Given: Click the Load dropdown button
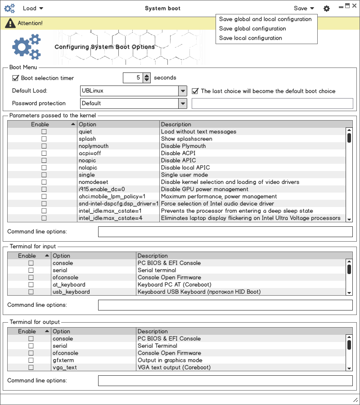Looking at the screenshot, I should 32,8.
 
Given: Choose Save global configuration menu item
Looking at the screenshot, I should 252,29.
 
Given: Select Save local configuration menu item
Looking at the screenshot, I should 251,38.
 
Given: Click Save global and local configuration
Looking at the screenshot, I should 265,19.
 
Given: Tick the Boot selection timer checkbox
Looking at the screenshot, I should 16,78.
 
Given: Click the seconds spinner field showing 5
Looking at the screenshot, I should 133,78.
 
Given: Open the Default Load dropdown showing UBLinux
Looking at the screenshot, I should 133,91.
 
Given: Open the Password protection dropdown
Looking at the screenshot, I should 133,103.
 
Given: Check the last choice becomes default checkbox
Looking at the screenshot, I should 195,91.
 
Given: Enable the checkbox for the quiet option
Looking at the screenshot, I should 44,132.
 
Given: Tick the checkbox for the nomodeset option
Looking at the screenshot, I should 44,182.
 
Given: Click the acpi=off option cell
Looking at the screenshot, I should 90,153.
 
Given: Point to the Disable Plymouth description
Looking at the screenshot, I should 183,146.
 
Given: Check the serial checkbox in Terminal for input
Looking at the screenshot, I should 31,270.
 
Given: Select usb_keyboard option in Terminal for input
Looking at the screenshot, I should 71,292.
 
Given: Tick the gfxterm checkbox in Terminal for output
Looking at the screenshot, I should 31,360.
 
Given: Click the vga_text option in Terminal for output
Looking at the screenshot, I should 65,368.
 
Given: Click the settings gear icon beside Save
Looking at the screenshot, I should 327,9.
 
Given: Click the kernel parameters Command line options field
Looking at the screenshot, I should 225,232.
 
